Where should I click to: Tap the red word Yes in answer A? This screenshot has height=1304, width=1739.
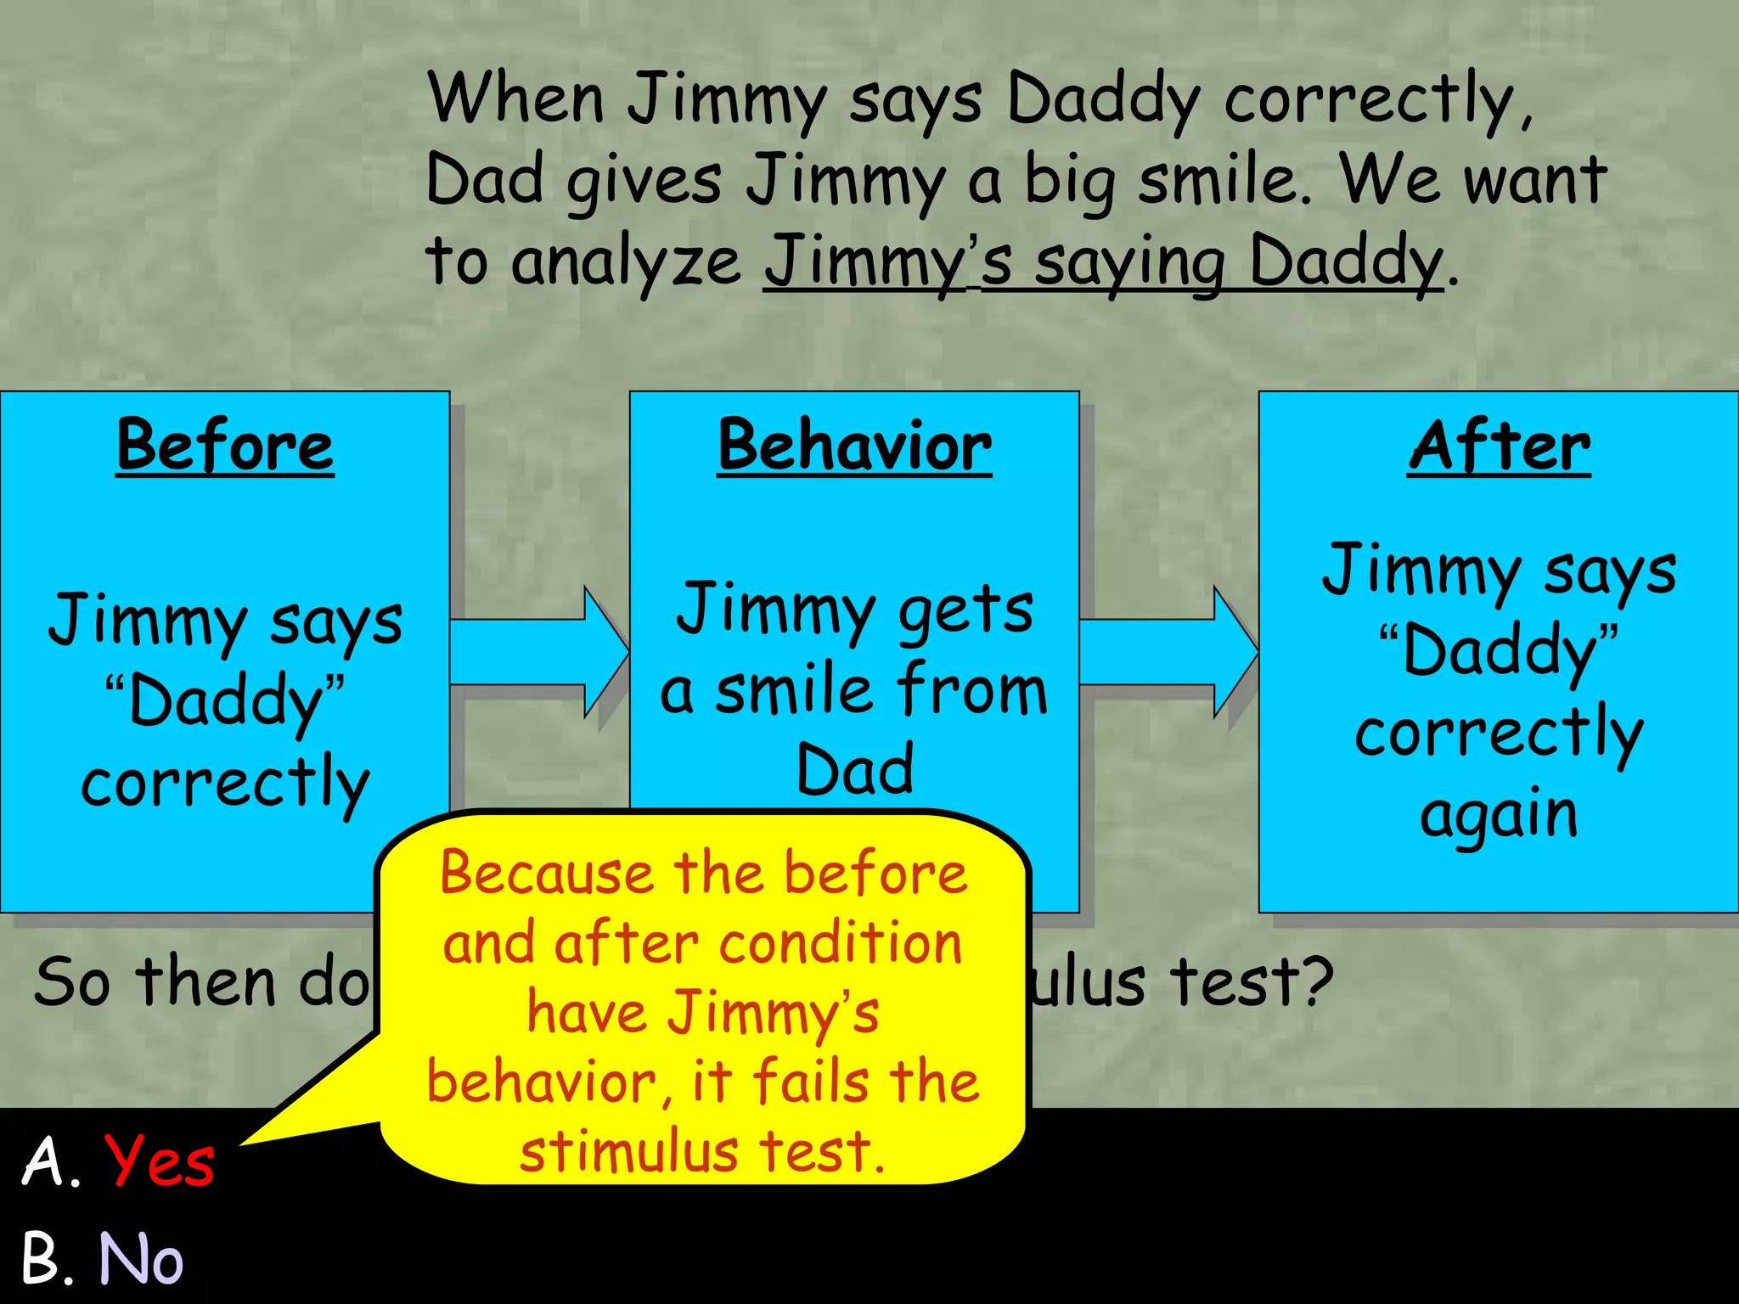(x=159, y=1161)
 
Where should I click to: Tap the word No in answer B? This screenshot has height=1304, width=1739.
(x=141, y=1258)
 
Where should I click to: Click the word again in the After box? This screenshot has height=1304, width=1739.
(x=1499, y=815)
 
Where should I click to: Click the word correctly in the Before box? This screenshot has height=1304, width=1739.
(x=225, y=784)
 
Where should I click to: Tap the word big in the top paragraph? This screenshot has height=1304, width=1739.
(x=1070, y=181)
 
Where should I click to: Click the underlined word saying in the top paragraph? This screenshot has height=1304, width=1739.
(x=1129, y=263)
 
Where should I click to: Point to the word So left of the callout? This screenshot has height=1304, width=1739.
(x=72, y=982)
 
